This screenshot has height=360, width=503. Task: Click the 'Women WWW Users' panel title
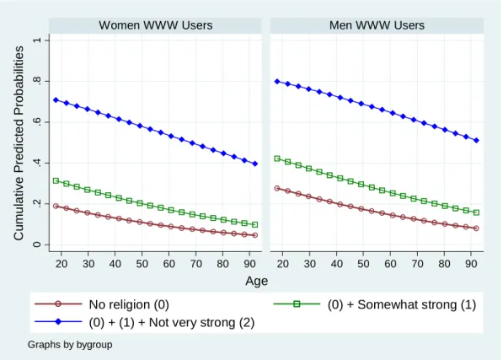(156, 25)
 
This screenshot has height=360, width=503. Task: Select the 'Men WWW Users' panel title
(377, 25)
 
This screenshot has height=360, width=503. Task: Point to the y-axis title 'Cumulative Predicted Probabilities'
(19, 142)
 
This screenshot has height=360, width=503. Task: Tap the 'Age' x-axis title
(257, 281)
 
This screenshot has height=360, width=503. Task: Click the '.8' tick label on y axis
(37, 82)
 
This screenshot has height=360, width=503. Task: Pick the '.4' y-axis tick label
(37, 164)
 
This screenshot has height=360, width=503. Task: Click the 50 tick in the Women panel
(142, 264)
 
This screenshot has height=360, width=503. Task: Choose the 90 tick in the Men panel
(471, 264)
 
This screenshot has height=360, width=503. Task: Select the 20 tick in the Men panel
(282, 264)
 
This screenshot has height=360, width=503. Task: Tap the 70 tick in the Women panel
(195, 264)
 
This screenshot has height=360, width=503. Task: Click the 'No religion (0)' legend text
(129, 304)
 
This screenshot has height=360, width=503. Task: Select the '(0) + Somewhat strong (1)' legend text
(402, 304)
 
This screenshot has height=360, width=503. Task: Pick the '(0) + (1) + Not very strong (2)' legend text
(172, 322)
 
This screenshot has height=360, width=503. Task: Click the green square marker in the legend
(297, 304)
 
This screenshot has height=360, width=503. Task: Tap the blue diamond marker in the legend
(58, 321)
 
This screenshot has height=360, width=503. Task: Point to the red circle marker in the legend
(58, 304)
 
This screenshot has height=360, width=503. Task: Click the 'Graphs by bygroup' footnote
(70, 345)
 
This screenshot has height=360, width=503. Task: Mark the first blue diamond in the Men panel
(277, 82)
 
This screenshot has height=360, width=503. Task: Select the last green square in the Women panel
(255, 224)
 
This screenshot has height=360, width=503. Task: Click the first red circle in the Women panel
(56, 206)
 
